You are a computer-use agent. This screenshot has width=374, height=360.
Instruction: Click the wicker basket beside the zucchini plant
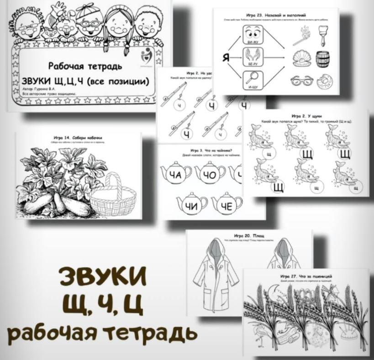coord(114,195)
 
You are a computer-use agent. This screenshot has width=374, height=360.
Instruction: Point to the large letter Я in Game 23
coord(226,58)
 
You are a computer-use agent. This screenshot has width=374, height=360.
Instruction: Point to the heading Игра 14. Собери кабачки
coord(78,138)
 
